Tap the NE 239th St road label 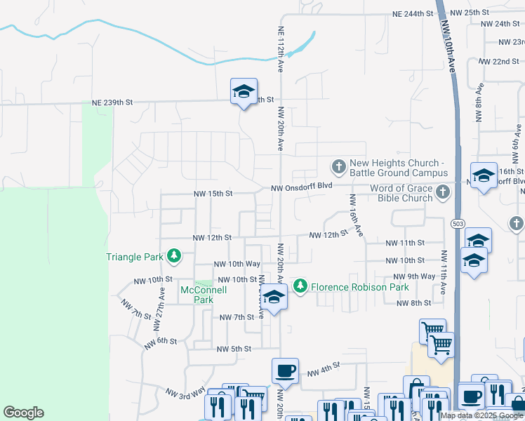tap(111, 102)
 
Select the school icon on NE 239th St tap(244, 91)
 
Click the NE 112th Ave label tap(280, 50)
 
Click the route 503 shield tap(458, 223)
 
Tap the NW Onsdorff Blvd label tap(302, 187)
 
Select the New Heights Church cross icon tap(338, 167)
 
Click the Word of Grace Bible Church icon tap(442, 192)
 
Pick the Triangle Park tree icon tap(173, 257)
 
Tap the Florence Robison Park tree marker tap(300, 286)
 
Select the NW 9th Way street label tap(416, 276)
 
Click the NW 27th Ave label tap(162, 302)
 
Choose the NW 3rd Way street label tap(185, 393)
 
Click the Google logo tap(23, 413)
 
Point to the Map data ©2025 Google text tap(481, 415)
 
